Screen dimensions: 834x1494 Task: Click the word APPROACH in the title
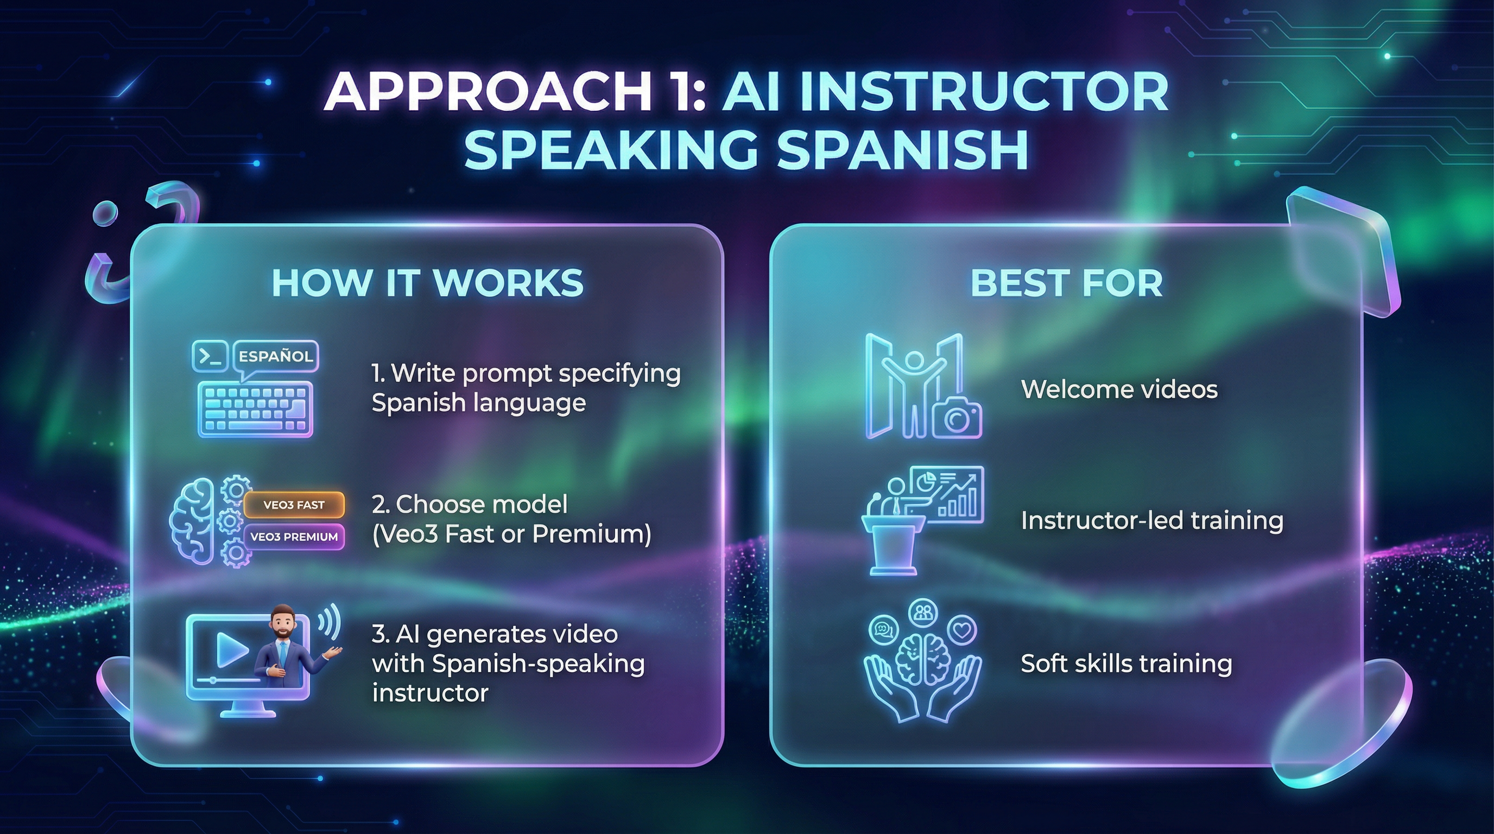487,93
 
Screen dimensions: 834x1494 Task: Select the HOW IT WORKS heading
427,283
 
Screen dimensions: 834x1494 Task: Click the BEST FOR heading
1067,283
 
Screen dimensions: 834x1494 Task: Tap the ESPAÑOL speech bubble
275,356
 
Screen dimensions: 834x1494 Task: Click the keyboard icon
255,409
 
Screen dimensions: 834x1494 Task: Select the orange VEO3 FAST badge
294,504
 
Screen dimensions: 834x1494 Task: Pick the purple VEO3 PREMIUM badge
294,536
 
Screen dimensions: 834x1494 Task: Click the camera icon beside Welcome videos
957,419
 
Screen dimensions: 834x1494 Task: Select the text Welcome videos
1119,389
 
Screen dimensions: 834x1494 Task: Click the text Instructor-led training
1152,520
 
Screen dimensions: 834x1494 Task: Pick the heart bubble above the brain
961,629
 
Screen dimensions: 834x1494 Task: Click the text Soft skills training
1126,664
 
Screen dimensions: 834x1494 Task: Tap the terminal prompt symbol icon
210,356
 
